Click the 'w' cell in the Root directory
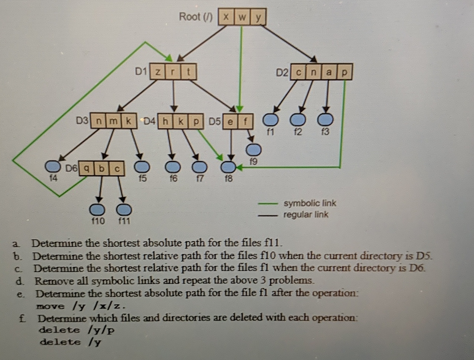[x=242, y=17]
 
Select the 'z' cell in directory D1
[x=157, y=72]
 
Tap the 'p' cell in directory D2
[x=344, y=72]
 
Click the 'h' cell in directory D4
[x=166, y=121]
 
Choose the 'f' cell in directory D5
[x=245, y=121]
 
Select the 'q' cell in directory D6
[x=86, y=169]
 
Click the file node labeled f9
[x=254, y=150]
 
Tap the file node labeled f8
[x=228, y=166]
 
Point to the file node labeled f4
[x=53, y=166]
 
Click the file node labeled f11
[x=124, y=210]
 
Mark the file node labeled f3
[x=326, y=120]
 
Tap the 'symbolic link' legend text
[x=310, y=203]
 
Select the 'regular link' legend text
[x=305, y=215]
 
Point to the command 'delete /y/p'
[x=77, y=330]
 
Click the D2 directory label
[x=282, y=72]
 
